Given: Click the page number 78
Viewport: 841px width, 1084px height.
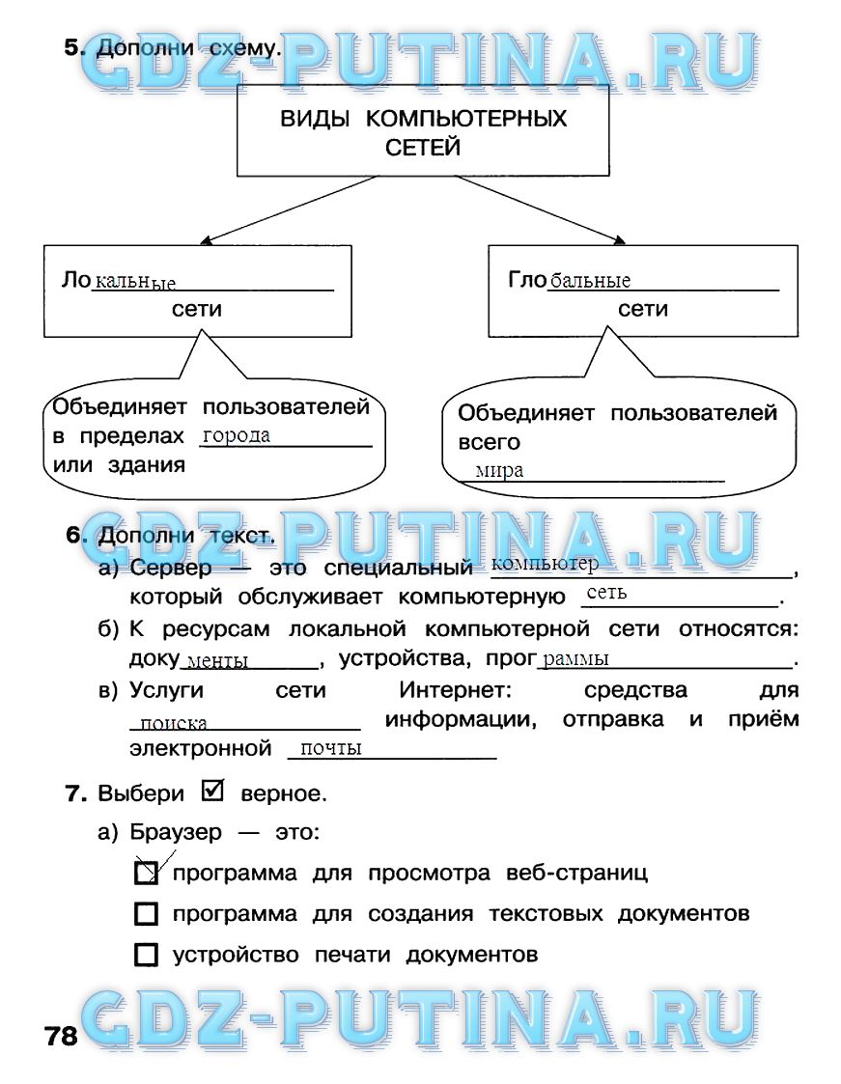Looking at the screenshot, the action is [x=61, y=1036].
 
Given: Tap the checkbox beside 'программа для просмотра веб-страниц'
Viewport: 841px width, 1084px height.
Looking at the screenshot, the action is [x=146, y=874].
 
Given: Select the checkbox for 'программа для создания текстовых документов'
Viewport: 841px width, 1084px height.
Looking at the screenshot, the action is [x=146, y=914].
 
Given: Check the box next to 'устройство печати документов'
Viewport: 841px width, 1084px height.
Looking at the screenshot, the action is [x=146, y=955].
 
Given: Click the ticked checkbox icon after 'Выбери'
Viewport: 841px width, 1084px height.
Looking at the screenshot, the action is [x=213, y=791].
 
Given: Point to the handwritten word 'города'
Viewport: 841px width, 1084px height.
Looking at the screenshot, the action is [x=237, y=436].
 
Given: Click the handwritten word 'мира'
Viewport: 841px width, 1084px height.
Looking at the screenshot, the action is [x=499, y=471].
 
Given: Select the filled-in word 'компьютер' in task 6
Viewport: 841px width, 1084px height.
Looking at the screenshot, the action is [x=545, y=564].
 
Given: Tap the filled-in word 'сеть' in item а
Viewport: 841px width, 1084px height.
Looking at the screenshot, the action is [x=606, y=593].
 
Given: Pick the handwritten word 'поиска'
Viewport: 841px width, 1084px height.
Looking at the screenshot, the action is [x=174, y=723].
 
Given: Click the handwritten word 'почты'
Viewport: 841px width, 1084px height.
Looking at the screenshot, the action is [x=331, y=749].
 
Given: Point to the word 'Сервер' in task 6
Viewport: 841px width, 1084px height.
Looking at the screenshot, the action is [x=171, y=569].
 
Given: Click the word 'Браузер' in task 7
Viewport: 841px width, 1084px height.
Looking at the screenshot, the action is [x=176, y=832].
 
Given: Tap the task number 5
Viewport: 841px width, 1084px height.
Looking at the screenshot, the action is [x=74, y=47].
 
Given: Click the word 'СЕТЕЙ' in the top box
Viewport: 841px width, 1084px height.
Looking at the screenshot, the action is [x=423, y=148].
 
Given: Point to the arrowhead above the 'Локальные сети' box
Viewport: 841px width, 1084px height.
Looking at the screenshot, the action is [x=205, y=240].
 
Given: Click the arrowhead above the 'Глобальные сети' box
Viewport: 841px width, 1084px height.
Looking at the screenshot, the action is [x=620, y=240].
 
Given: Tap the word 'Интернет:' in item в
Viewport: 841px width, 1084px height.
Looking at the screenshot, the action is [x=455, y=690].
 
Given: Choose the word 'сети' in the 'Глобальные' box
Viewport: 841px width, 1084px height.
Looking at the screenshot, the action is [x=643, y=309].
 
